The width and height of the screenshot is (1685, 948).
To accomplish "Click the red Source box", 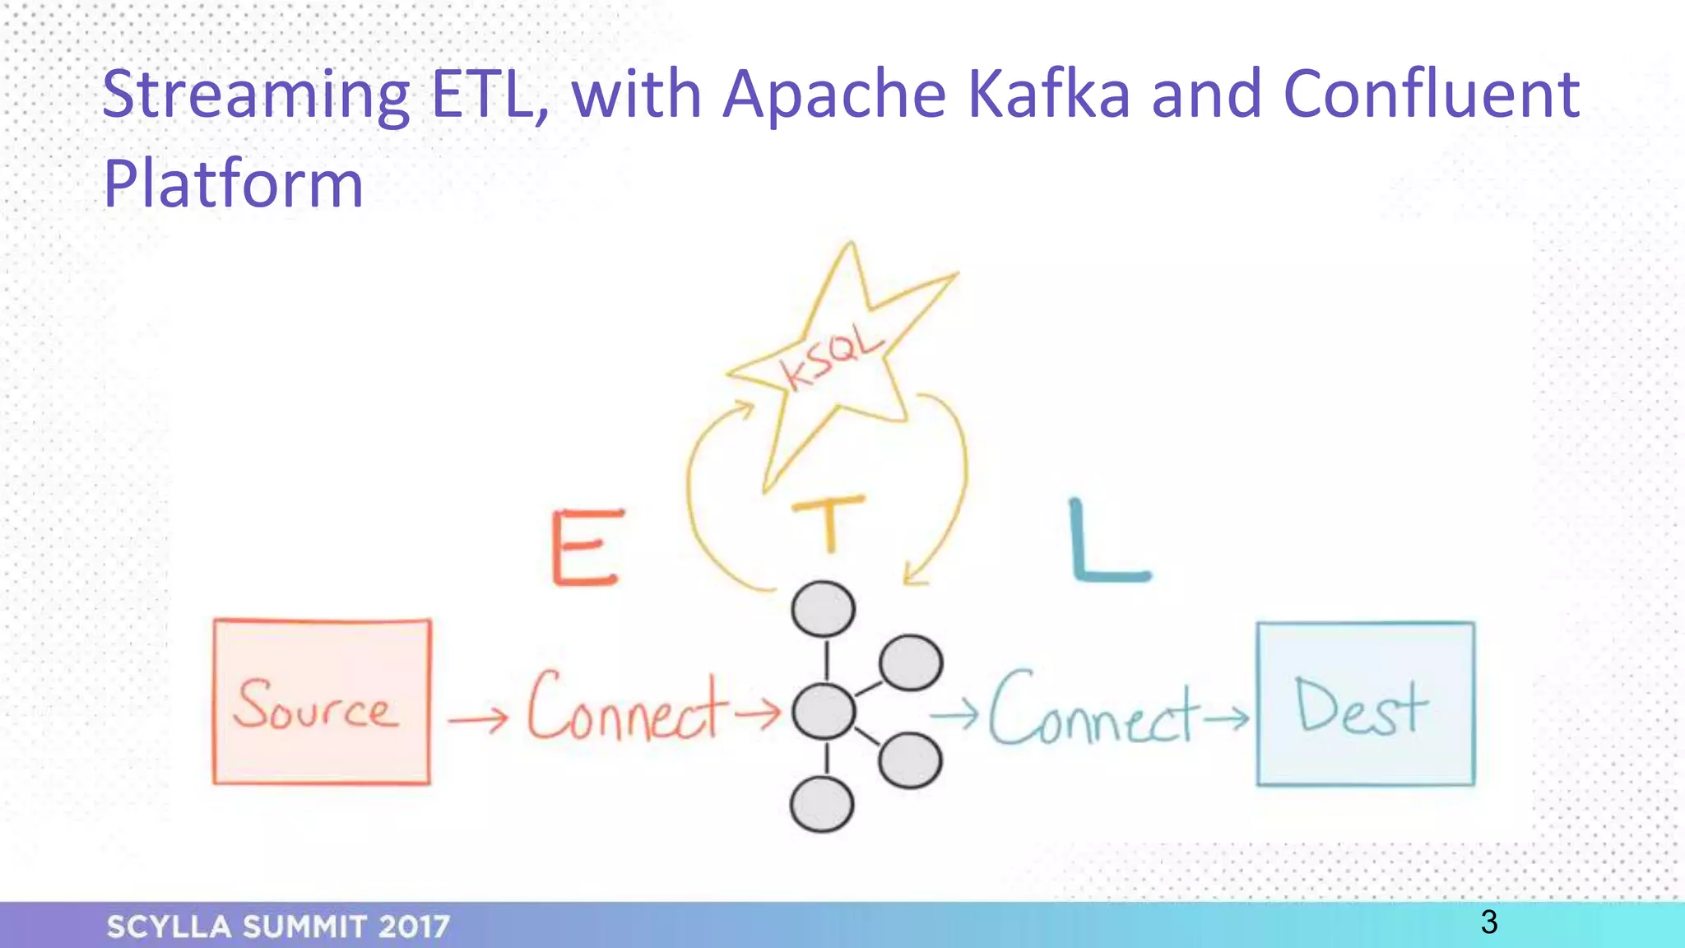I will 321,702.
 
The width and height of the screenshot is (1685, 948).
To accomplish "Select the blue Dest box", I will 1365,704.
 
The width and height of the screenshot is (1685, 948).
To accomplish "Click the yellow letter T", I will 829,523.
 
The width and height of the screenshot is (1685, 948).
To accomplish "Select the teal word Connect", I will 1091,709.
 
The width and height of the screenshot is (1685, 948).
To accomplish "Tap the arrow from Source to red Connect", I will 478,721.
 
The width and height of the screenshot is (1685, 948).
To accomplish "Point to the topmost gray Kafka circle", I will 823,609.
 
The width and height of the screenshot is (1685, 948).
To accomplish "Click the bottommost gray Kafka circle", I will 821,804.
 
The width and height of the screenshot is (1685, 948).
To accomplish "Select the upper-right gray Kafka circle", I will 910,662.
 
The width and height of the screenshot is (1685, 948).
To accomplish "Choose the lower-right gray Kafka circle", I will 909,760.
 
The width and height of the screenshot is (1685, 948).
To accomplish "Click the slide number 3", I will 1488,922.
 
